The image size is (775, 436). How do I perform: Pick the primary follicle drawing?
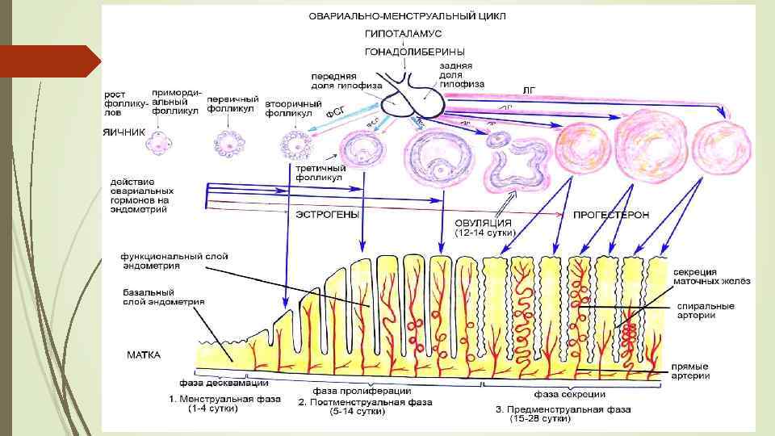point(228,144)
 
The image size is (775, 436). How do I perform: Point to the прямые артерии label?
point(691,371)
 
